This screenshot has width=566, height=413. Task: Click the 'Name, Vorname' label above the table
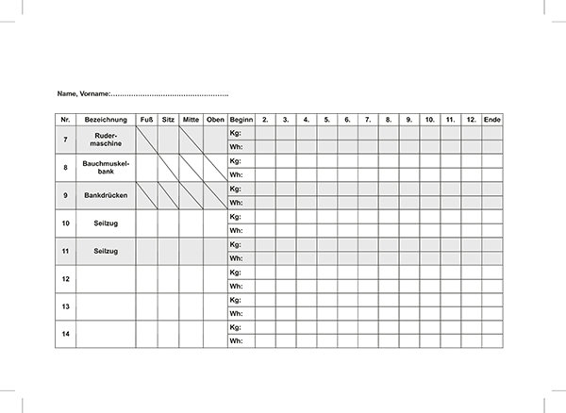click(x=84, y=94)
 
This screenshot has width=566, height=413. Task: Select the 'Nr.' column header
click(x=65, y=120)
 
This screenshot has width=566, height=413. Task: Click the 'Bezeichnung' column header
click(x=106, y=120)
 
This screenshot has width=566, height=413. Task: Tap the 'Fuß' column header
click(x=146, y=120)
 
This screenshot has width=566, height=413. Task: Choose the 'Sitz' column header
click(x=168, y=120)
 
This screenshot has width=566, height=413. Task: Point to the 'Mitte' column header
click(x=191, y=120)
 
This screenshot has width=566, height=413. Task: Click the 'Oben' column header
click(x=215, y=120)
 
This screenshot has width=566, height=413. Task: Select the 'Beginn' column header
click(x=241, y=120)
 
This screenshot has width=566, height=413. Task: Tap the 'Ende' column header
click(x=491, y=120)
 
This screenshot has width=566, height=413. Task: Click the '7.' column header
click(x=368, y=120)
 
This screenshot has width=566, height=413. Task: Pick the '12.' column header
click(x=471, y=120)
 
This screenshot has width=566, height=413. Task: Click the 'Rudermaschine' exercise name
click(x=106, y=140)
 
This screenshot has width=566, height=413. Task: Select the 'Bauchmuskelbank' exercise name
click(x=106, y=167)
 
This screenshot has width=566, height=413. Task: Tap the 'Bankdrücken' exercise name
click(x=106, y=195)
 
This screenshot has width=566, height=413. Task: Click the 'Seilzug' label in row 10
click(x=106, y=223)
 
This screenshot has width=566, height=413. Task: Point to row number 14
click(x=65, y=334)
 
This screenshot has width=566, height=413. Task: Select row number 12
click(x=65, y=279)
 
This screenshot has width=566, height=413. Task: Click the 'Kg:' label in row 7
click(x=236, y=133)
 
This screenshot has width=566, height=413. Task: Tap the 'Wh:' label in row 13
click(x=236, y=313)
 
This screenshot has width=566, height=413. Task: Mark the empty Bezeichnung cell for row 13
click(x=106, y=306)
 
